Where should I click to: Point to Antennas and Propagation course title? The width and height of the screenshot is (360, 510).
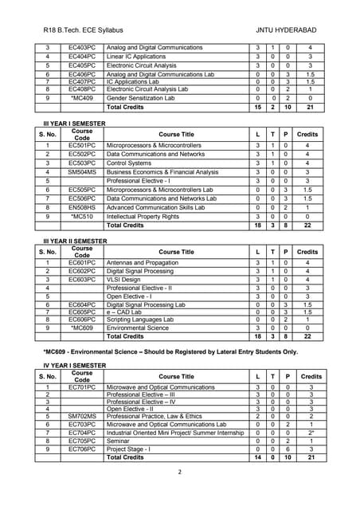pos(143,262)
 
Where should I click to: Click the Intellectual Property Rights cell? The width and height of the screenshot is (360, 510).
pos(145,216)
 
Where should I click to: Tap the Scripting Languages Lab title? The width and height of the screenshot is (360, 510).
pos(143,320)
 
